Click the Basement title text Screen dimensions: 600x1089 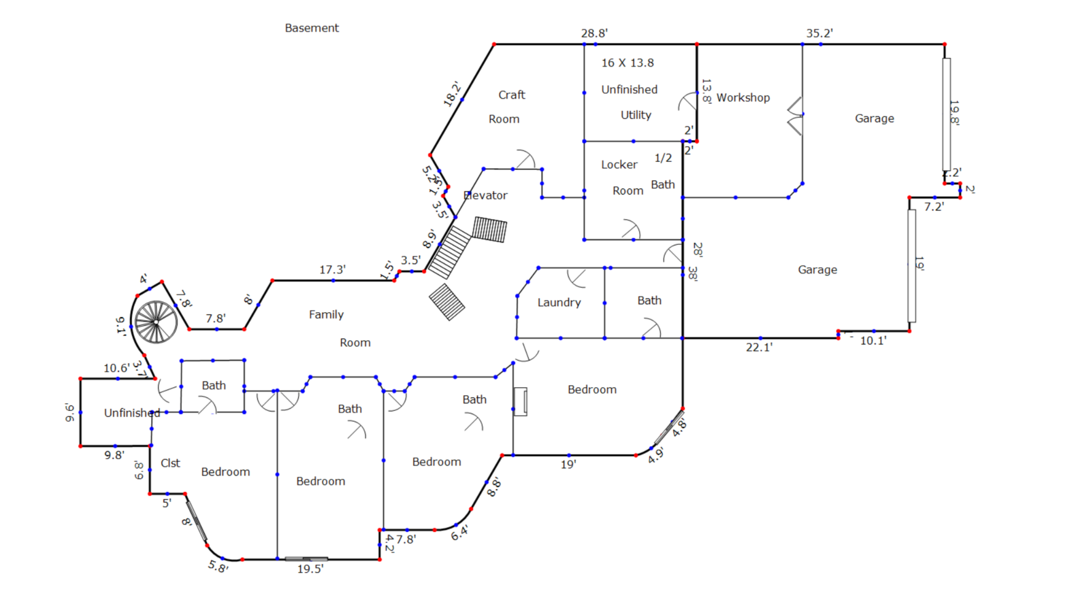(312, 28)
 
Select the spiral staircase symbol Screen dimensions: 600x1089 (156, 322)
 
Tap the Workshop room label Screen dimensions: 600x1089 (743, 97)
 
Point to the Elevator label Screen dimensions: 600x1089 (485, 195)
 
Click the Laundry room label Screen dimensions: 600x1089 (559, 303)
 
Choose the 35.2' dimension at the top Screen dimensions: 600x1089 (819, 33)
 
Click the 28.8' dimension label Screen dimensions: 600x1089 (594, 33)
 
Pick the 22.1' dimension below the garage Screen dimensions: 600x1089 (759, 348)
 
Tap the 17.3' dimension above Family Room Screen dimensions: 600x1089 (332, 270)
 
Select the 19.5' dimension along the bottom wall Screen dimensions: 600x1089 (310, 569)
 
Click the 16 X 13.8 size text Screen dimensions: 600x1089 (628, 63)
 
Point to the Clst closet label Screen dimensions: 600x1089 (170, 463)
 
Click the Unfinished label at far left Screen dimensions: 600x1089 (132, 413)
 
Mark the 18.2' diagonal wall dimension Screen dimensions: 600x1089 (452, 94)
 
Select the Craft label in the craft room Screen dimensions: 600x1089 (512, 95)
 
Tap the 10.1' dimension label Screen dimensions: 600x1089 (873, 341)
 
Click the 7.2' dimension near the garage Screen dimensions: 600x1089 (934, 207)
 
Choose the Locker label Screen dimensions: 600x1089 (619, 165)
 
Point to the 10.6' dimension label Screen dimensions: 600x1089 (116, 368)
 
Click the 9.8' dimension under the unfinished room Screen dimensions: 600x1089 (114, 455)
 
